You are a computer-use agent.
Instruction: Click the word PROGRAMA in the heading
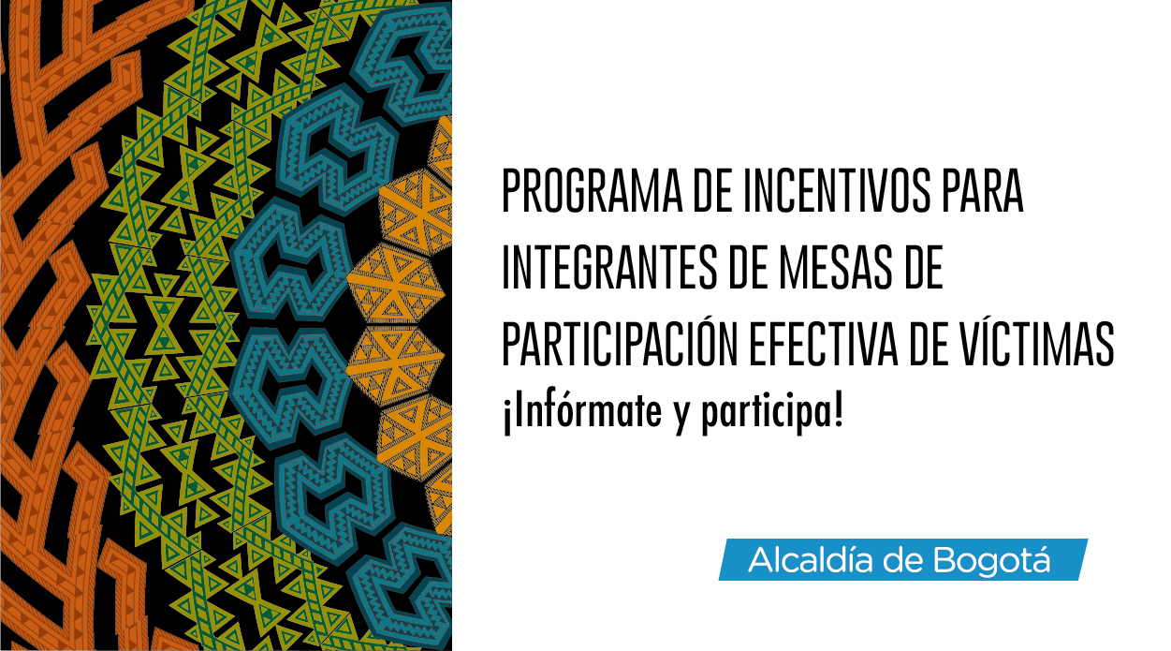point(592,190)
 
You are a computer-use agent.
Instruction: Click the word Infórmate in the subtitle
point(582,411)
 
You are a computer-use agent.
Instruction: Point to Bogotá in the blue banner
point(991,560)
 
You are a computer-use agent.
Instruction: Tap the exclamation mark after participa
point(839,411)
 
